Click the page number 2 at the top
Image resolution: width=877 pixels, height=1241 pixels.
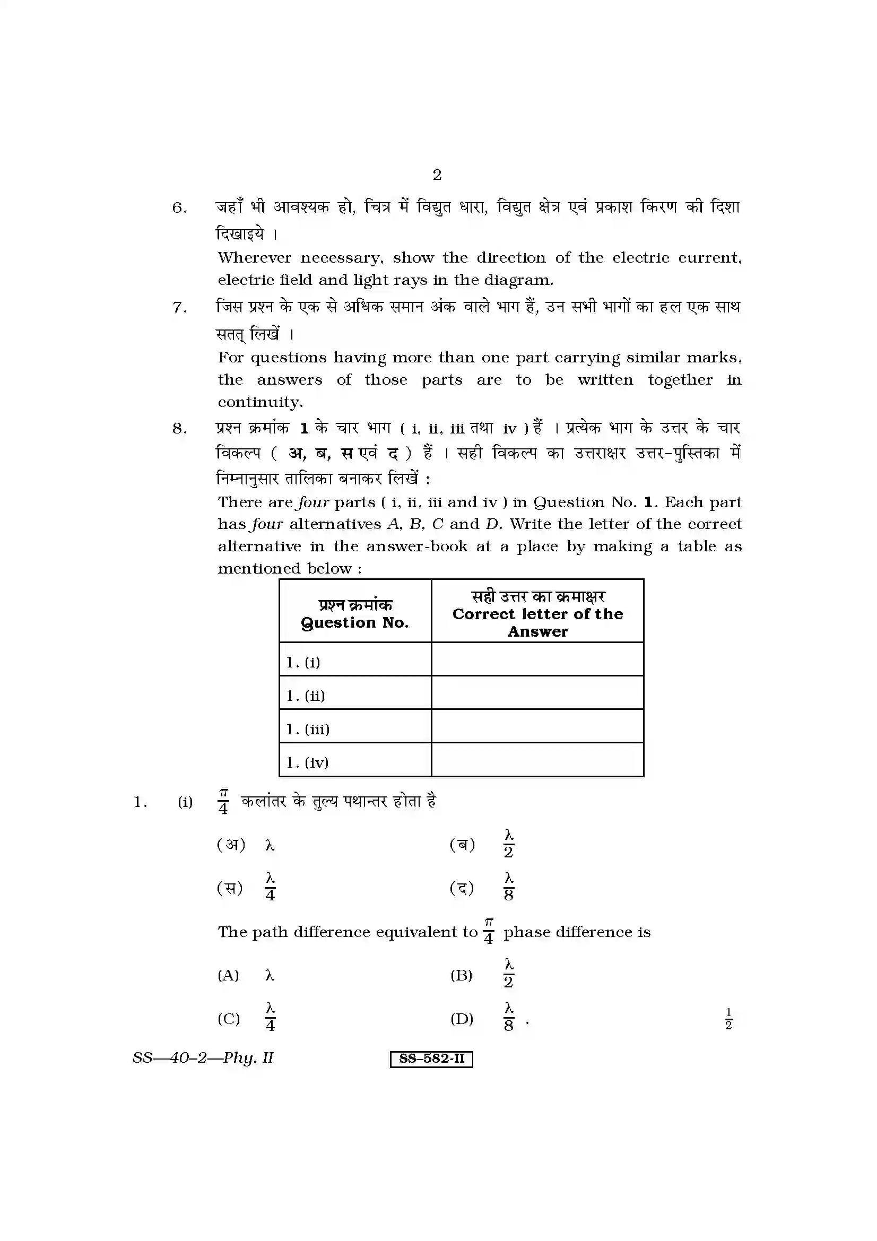click(437, 175)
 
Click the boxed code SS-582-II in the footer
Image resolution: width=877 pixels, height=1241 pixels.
click(431, 1058)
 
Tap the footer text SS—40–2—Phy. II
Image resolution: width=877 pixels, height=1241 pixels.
click(203, 1058)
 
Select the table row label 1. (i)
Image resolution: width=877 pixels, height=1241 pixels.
click(303, 662)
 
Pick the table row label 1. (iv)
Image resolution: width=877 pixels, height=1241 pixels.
click(308, 762)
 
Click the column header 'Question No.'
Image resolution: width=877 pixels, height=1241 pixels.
click(355, 623)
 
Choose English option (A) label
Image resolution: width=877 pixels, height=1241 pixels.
click(228, 976)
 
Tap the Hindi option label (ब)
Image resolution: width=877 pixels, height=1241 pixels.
click(463, 845)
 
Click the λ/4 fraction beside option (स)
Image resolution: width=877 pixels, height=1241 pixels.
click(270, 888)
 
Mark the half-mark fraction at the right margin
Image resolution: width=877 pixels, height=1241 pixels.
click(728, 1018)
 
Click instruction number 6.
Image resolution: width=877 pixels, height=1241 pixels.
click(179, 208)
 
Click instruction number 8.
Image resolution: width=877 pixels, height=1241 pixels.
click(179, 429)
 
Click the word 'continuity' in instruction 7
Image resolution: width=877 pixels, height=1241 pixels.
click(259, 402)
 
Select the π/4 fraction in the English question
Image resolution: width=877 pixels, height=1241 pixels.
click(489, 931)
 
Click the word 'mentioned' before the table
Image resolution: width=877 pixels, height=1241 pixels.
click(259, 569)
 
